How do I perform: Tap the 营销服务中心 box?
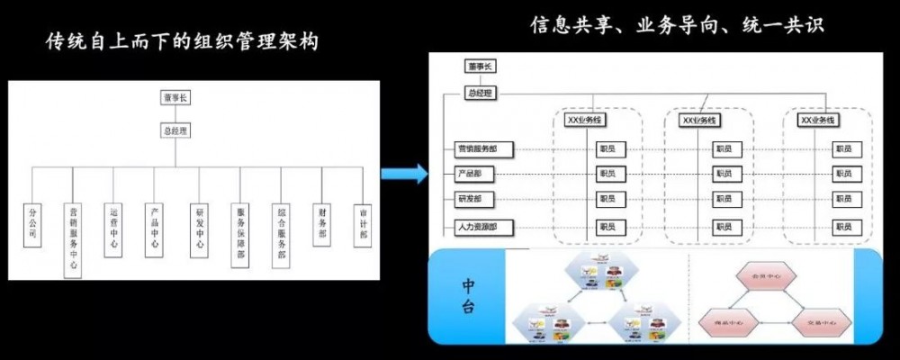pyautogui.click(x=74, y=238)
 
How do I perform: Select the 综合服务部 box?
pyautogui.click(x=282, y=233)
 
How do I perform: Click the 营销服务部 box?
pyautogui.click(x=478, y=149)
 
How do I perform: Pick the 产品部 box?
pyautogui.click(x=478, y=174)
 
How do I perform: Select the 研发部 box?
pyautogui.click(x=478, y=199)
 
